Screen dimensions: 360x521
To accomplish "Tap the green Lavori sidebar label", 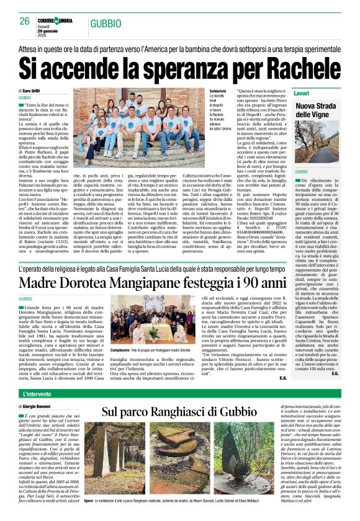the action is (x=302, y=92).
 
